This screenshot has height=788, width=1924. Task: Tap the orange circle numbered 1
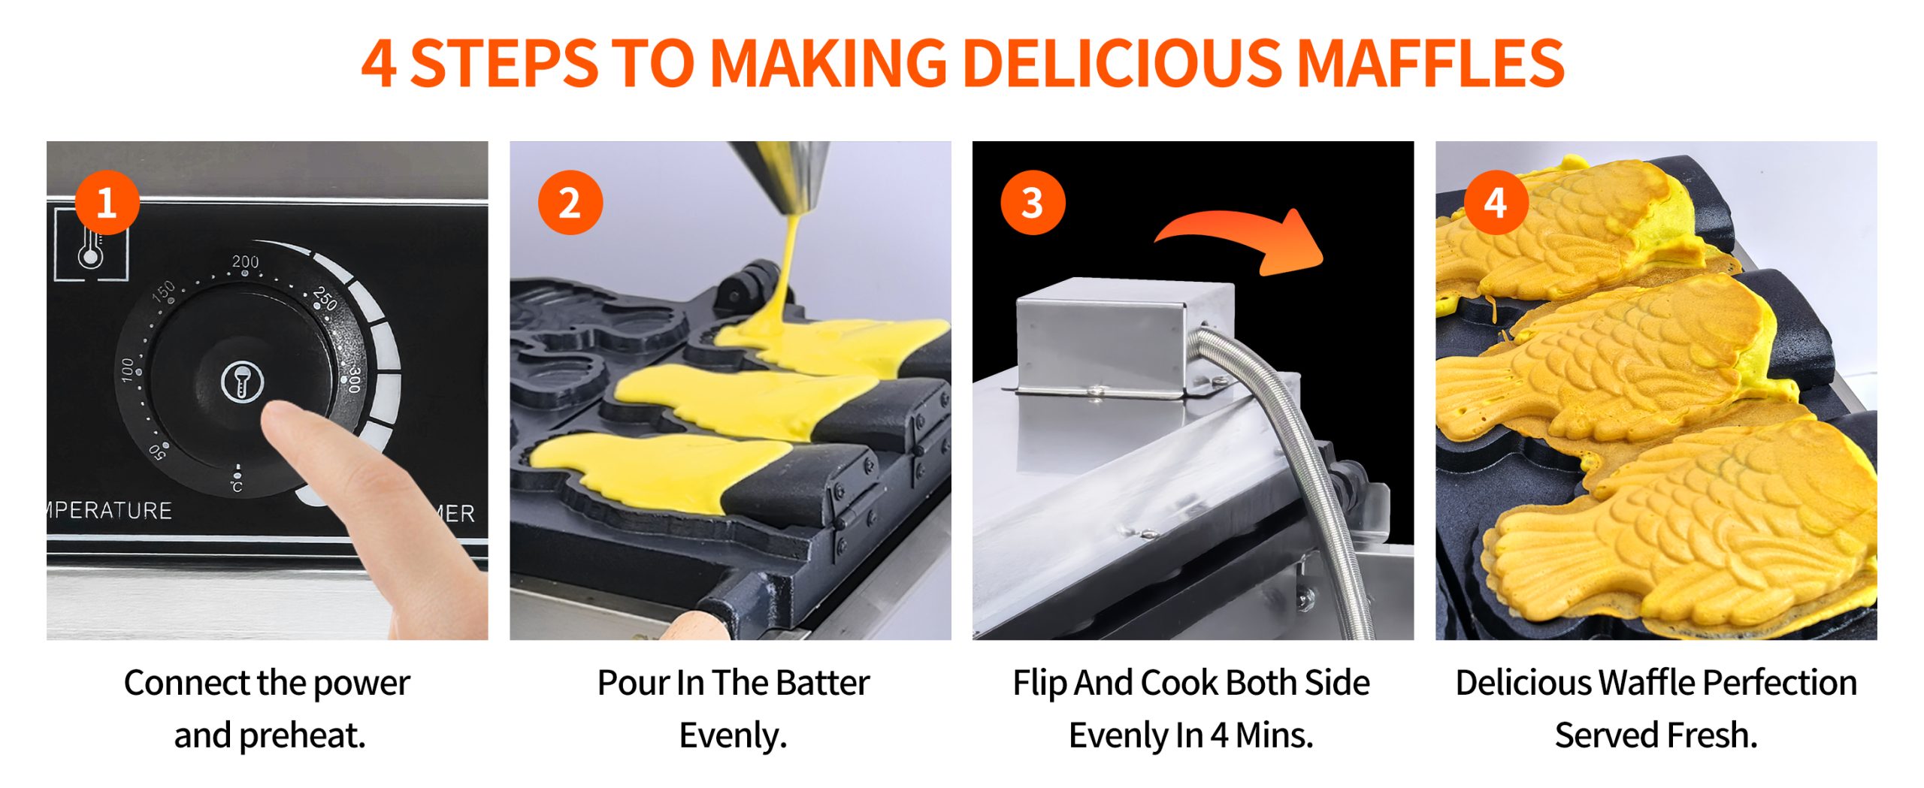[x=107, y=203]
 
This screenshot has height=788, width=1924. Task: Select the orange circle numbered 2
[x=570, y=203]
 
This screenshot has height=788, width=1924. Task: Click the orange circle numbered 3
[x=1033, y=203]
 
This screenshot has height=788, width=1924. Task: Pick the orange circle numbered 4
[x=1496, y=203]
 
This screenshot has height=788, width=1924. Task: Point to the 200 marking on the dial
[x=245, y=261]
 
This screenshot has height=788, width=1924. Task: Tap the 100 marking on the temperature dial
[x=128, y=369]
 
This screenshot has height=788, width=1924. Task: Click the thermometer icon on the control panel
[x=91, y=245]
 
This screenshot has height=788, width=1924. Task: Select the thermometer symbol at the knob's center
[x=242, y=382]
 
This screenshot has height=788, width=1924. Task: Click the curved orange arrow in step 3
[x=1240, y=237]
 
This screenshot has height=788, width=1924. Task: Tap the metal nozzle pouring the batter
[x=782, y=176]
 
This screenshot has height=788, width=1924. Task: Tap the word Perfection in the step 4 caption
[x=1779, y=683]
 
